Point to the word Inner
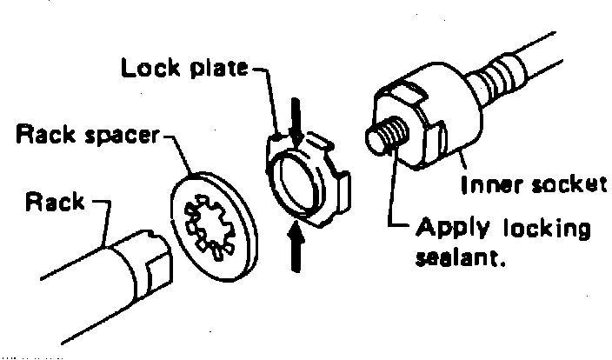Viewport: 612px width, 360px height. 493,183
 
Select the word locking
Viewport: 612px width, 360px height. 548,231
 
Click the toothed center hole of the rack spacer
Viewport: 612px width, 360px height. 210,224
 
